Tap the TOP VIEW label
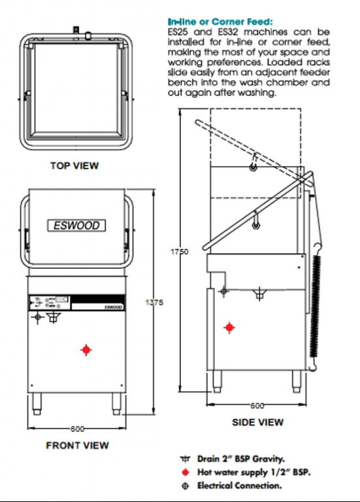click(x=74, y=166)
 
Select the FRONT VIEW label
click(x=77, y=445)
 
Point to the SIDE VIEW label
click(x=258, y=422)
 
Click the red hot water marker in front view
click(x=86, y=350)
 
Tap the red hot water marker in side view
click(x=229, y=327)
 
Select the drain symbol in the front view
click(x=53, y=318)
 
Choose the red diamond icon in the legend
click(x=184, y=471)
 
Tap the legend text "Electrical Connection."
click(x=239, y=485)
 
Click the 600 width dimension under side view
click(x=259, y=405)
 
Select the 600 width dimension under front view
click(x=77, y=429)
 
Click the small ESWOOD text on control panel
click(x=113, y=306)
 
